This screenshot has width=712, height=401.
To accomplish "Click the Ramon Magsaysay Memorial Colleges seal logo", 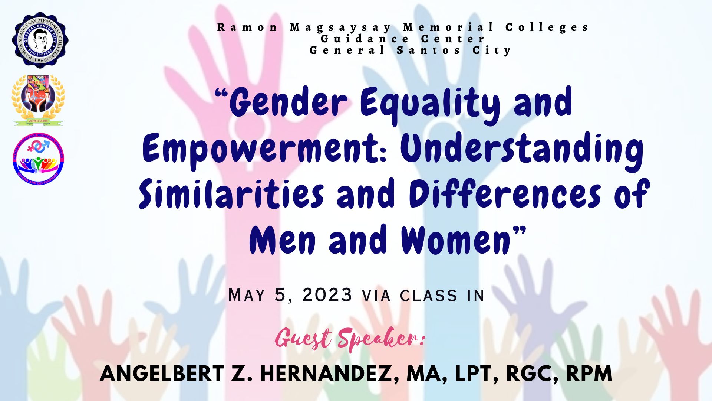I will [40, 40].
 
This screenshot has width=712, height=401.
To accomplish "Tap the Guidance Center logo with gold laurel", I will [39, 100].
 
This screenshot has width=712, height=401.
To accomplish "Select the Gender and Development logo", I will [38, 159].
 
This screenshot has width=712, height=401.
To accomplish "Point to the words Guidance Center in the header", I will [403, 39].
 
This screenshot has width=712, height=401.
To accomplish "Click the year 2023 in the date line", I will [327, 295].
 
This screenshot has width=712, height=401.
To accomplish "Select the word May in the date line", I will [247, 295].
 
